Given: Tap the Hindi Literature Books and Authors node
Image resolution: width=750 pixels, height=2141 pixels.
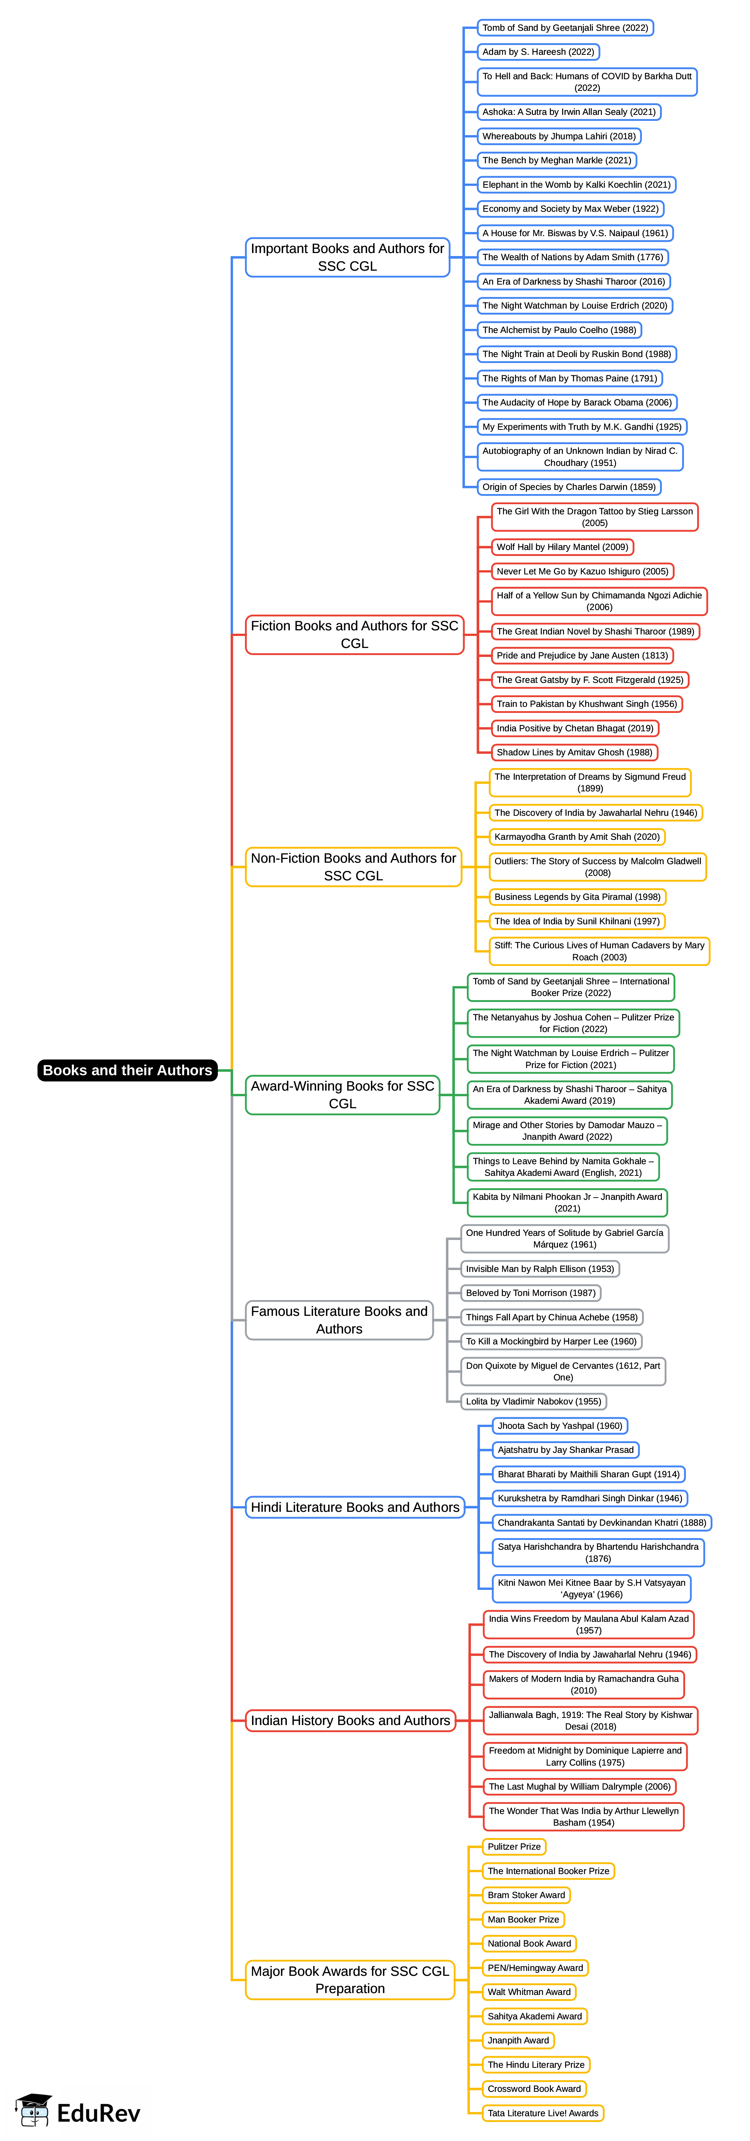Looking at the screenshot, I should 355,1507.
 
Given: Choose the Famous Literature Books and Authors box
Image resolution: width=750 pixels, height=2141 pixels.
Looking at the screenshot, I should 339,1320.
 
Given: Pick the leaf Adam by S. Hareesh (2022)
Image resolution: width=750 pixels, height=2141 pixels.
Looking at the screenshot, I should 538,51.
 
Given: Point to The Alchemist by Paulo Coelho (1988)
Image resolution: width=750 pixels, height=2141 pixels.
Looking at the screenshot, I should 559,330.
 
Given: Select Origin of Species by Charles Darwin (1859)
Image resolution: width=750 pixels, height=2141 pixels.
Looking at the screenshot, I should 569,487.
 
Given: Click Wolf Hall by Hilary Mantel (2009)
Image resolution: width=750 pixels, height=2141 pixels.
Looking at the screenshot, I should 562,547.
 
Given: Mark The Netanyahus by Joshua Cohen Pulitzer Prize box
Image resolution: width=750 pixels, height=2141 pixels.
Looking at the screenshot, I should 573,1023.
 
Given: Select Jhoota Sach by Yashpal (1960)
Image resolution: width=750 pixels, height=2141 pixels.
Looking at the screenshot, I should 560,1425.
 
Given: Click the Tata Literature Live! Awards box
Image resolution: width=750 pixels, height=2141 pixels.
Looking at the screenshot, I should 542,2113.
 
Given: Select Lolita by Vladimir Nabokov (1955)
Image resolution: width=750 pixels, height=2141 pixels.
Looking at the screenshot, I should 533,1401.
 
